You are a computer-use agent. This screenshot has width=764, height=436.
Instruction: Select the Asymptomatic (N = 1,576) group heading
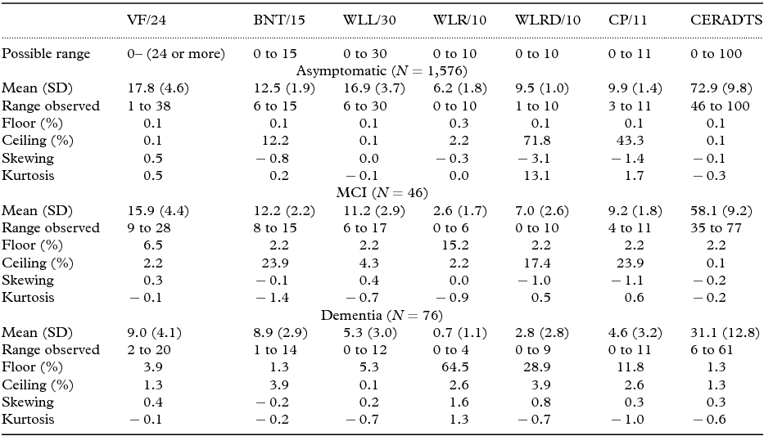point(382,71)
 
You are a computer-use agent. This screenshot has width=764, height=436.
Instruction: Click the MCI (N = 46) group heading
point(382,193)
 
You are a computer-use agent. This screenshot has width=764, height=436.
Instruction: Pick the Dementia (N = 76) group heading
point(382,315)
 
